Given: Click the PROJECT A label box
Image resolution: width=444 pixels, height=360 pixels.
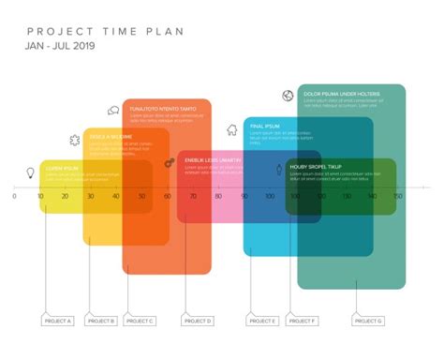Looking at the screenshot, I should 56,322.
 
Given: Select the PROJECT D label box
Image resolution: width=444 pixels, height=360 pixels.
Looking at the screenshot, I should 198,322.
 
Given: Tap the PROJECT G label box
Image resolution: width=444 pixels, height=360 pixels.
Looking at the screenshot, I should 367,322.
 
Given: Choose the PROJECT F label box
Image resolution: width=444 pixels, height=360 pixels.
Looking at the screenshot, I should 303,322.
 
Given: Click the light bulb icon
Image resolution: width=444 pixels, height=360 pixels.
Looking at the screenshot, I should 30,172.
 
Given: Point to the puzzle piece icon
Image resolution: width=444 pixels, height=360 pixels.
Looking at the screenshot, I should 74,140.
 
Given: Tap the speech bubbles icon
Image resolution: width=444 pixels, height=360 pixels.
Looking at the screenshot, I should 113,111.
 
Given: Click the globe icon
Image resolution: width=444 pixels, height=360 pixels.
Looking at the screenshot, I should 288,95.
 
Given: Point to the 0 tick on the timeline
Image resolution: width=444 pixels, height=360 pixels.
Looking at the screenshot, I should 14,196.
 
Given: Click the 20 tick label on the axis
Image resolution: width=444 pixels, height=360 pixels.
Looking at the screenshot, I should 66,196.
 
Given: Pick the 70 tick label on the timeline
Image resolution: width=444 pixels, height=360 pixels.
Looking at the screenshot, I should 193,196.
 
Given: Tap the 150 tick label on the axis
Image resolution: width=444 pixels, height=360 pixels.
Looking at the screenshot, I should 397,196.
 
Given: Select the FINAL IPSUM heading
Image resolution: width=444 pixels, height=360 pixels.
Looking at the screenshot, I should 265,126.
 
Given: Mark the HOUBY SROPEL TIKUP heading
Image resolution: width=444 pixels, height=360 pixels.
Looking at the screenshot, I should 316,168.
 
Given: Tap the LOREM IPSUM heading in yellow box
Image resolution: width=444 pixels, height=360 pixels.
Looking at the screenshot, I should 63,169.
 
